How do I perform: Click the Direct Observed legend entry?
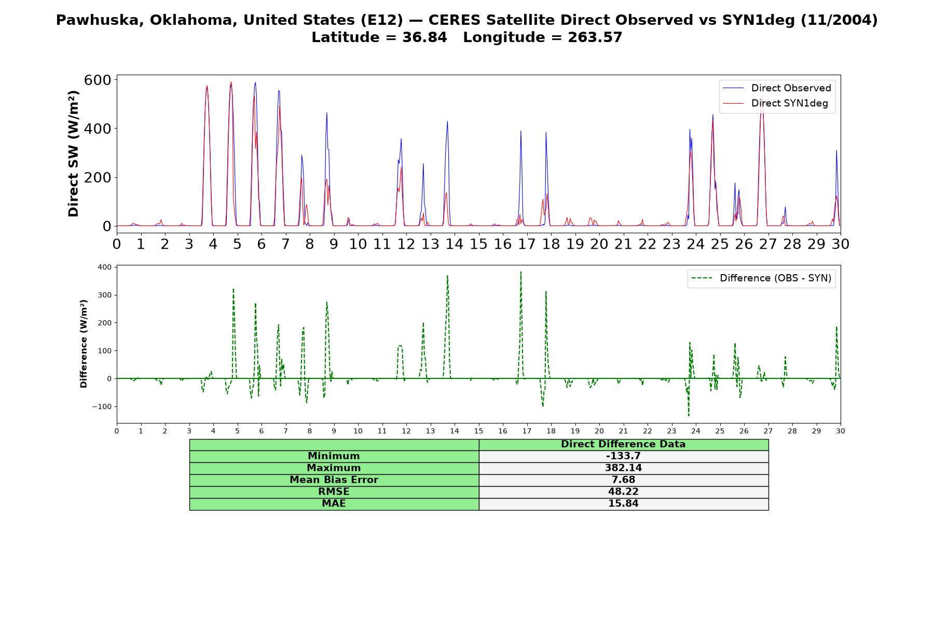click(777, 88)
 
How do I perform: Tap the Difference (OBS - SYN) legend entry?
click(761, 278)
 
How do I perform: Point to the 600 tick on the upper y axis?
click(98, 80)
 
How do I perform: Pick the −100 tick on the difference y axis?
click(102, 406)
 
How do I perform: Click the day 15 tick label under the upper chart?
click(478, 244)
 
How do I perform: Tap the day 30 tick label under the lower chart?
click(841, 431)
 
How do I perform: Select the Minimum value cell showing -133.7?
click(623, 456)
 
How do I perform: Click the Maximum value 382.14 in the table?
click(623, 468)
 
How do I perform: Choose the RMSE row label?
click(334, 492)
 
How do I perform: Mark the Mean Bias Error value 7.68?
click(623, 480)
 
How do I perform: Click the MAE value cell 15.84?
click(623, 504)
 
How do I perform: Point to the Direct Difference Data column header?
click(623, 444)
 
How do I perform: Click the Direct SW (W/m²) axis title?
click(73, 153)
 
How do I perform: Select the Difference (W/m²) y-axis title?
click(84, 344)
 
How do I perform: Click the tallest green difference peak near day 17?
click(520, 272)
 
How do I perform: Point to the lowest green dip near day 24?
click(689, 415)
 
